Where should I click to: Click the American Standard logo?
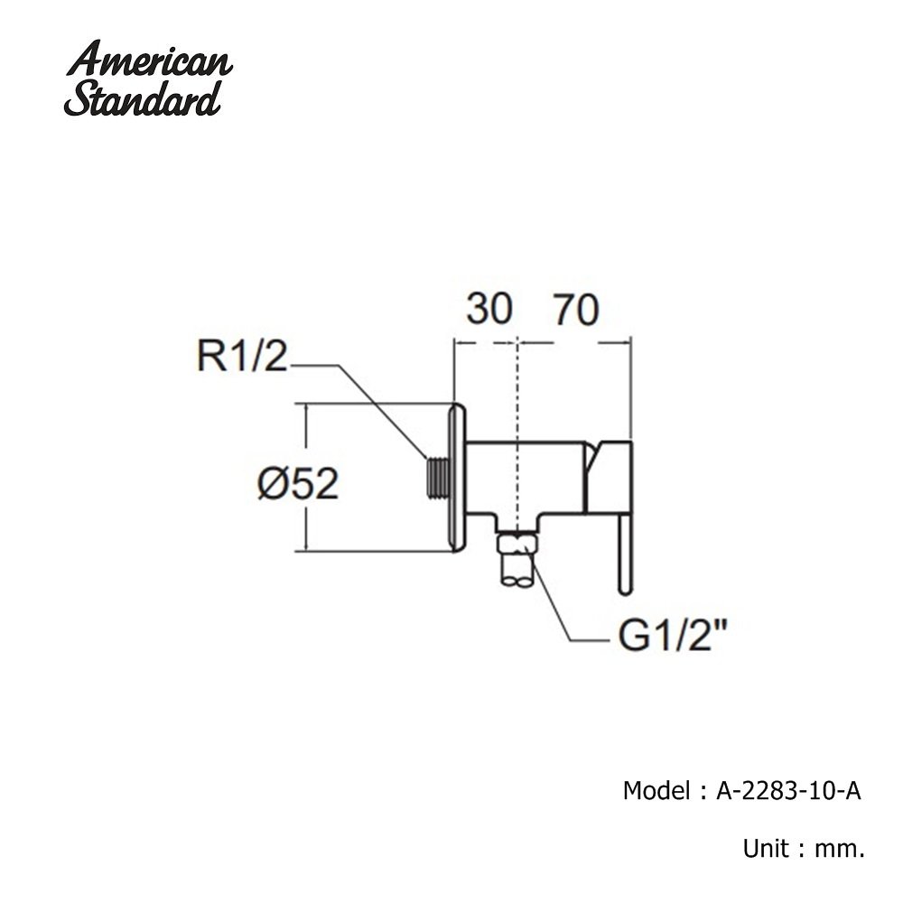pos(149,78)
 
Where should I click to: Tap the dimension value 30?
pos(489,309)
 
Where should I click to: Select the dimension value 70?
pos(576,310)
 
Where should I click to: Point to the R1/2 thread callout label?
pos(242,357)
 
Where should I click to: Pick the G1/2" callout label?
pos(672,637)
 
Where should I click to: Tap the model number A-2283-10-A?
pos(788,791)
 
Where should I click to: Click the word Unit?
pos(766,848)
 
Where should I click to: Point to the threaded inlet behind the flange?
pos(437,478)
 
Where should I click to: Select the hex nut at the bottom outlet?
pos(518,544)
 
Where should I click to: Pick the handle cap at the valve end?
pos(610,478)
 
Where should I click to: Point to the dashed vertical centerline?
pos(519,438)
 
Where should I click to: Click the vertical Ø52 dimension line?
pos(306,478)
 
